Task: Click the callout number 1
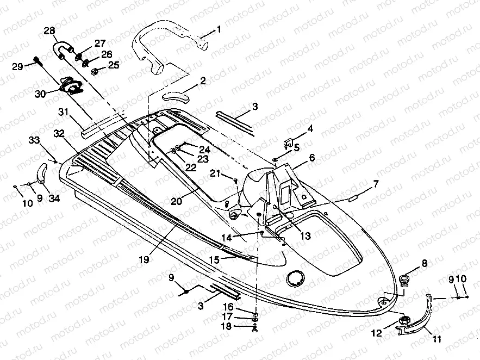pyautogui.click(x=219, y=29)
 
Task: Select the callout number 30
pyautogui.click(x=40, y=94)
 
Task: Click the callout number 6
pyautogui.click(x=311, y=158)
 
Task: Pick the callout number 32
pyautogui.click(x=59, y=133)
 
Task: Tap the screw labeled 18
pyautogui.click(x=255, y=327)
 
